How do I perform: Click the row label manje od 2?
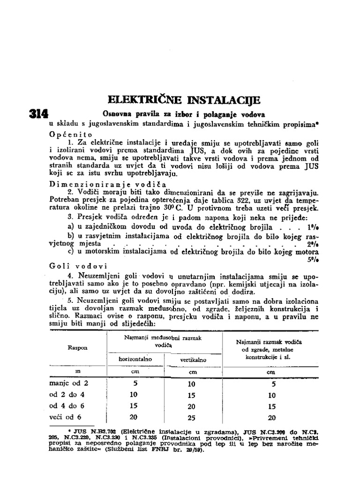coord(68,383)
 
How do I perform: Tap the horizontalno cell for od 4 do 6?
coord(134,406)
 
